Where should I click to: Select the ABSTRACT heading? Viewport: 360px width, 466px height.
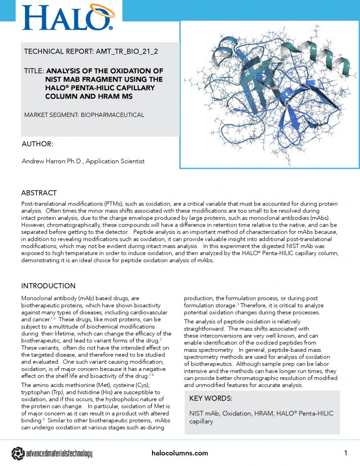[x=39, y=192]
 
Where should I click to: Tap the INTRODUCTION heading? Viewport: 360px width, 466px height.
[x=48, y=286]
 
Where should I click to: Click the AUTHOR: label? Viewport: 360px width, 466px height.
[x=37, y=144]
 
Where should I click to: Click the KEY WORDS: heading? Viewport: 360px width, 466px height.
[x=211, y=399]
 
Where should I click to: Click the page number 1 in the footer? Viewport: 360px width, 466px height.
[x=346, y=453]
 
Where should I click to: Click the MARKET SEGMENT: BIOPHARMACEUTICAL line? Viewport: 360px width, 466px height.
[x=84, y=115]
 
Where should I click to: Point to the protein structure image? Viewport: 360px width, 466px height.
[x=269, y=93]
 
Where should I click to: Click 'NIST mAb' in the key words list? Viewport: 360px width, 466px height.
[x=203, y=413]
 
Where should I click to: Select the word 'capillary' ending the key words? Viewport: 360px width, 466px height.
[x=202, y=421]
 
